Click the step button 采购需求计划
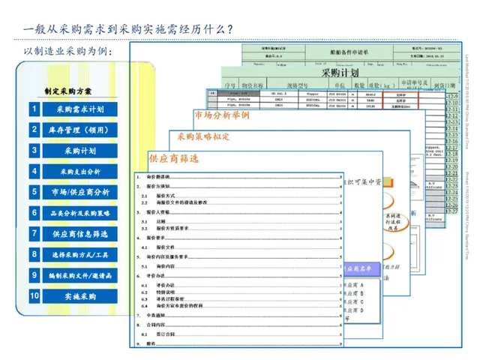(79, 109)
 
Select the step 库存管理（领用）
(79, 130)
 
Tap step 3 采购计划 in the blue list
(79, 151)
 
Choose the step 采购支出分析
(79, 172)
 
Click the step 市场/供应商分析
(79, 193)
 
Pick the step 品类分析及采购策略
(79, 214)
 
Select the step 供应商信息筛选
(79, 234)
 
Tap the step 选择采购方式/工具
(79, 255)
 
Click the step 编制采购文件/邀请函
(79, 276)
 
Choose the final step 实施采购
(79, 296)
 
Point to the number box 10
(34, 296)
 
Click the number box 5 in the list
(34, 193)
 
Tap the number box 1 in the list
(34, 109)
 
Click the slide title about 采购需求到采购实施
(127, 29)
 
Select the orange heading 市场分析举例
(221, 116)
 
